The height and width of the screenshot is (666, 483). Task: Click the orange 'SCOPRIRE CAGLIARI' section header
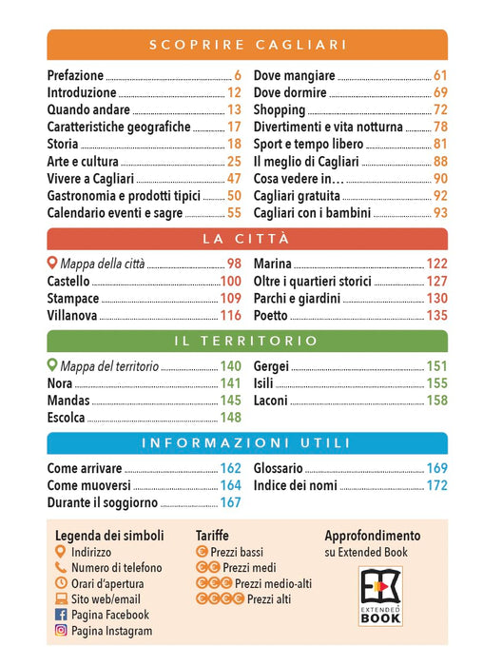[x=247, y=45]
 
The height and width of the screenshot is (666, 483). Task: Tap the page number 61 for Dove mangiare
[x=440, y=75]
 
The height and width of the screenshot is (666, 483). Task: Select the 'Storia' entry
[x=63, y=144]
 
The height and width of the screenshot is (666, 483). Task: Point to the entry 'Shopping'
[x=280, y=110]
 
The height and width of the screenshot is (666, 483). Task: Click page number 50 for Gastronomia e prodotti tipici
[x=234, y=195]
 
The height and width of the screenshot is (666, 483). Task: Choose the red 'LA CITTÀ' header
[x=247, y=239]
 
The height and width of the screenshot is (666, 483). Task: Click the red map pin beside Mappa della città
[x=51, y=263]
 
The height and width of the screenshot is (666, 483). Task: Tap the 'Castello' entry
[x=68, y=282]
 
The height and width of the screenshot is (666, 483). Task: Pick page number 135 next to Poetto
[x=436, y=315]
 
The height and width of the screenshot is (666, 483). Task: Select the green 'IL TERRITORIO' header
[x=247, y=341]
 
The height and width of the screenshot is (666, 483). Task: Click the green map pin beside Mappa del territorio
[x=51, y=364]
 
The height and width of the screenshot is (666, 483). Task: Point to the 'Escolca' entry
[x=66, y=418]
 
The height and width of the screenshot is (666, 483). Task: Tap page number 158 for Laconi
[x=436, y=401]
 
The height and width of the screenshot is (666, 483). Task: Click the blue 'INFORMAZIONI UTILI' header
[x=247, y=443]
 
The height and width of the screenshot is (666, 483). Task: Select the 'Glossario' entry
[x=278, y=468]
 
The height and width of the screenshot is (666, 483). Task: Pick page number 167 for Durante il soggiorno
[x=230, y=502]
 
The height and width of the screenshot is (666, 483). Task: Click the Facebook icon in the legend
[x=61, y=615]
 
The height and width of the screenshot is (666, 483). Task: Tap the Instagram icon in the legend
[x=61, y=630]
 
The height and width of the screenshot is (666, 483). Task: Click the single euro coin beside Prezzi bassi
[x=202, y=551]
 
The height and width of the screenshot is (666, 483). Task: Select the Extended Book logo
[x=380, y=597]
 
